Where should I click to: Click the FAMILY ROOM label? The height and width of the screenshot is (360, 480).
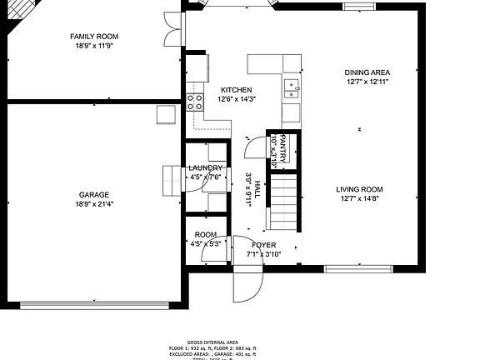click(x=94, y=37)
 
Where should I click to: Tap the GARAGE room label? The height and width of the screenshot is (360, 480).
click(x=94, y=194)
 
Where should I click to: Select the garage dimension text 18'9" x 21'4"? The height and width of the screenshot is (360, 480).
click(x=94, y=204)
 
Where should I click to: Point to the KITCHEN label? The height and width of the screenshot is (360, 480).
click(x=236, y=90)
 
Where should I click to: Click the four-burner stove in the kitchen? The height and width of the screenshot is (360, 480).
click(x=196, y=102)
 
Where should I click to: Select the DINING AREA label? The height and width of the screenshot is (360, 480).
click(x=367, y=72)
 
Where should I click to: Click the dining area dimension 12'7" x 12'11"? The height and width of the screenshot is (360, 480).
click(x=367, y=82)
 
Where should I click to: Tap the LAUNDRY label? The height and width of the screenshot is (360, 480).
click(x=205, y=167)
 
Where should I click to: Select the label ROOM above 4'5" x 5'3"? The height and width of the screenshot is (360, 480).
click(x=205, y=235)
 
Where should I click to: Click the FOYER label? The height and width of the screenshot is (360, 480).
click(x=263, y=245)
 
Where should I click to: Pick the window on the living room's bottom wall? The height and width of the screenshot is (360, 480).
click(x=358, y=268)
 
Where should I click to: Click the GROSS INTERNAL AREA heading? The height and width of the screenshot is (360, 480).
click(x=212, y=342)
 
